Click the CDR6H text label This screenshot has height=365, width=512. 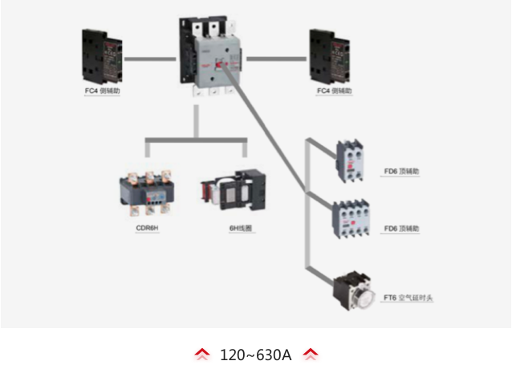click(x=147, y=229)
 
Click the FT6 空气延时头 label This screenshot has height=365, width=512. click(x=408, y=298)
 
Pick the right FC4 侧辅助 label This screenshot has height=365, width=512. click(x=334, y=91)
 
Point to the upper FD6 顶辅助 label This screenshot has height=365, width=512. click(x=401, y=171)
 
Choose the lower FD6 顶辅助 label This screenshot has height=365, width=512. click(x=401, y=229)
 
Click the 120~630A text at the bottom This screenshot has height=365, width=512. click(x=256, y=354)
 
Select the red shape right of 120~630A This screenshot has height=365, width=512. click(x=311, y=354)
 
